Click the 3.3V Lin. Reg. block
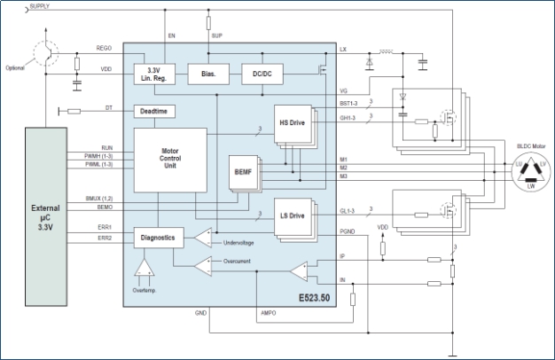[152, 74]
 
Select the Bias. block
[208, 74]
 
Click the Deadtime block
[153, 111]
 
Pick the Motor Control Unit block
[170, 159]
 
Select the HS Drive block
[291, 122]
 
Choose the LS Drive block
[291, 216]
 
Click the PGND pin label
[347, 232]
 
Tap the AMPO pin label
[269, 313]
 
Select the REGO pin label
[104, 48]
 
